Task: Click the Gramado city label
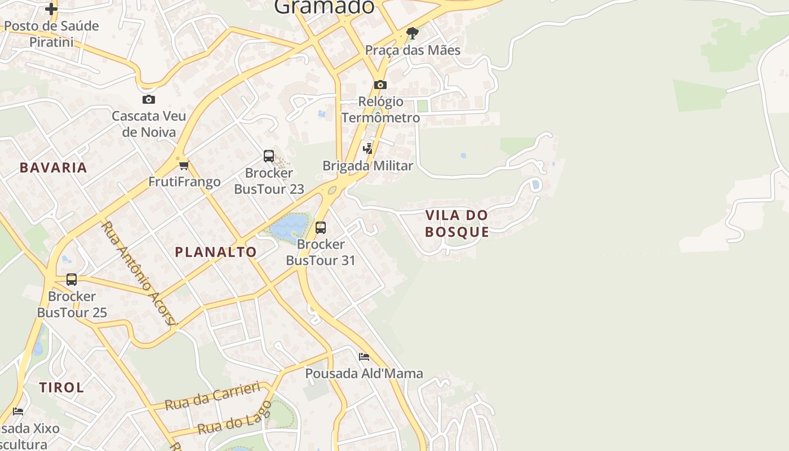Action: click(x=324, y=6)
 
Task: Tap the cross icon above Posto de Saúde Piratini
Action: click(x=51, y=9)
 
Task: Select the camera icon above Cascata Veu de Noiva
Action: click(x=148, y=100)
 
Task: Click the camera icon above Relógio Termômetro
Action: click(x=380, y=85)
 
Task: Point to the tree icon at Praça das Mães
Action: click(x=413, y=33)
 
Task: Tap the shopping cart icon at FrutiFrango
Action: click(x=184, y=165)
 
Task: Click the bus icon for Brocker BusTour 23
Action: click(x=269, y=156)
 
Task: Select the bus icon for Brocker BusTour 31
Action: click(x=321, y=228)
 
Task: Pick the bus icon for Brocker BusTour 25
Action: click(x=72, y=280)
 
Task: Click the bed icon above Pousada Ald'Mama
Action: click(x=364, y=357)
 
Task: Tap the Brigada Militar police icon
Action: click(x=368, y=149)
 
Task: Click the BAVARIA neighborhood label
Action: click(x=54, y=167)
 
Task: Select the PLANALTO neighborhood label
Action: click(x=216, y=252)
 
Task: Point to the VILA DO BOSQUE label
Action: click(x=456, y=223)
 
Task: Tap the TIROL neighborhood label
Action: click(x=61, y=387)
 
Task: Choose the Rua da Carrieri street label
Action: click(x=212, y=396)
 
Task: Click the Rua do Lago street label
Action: click(x=234, y=419)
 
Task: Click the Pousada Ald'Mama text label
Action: click(x=364, y=373)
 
